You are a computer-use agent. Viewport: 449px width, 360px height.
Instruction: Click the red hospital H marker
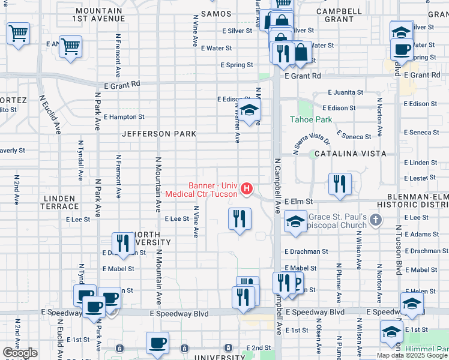[246, 190]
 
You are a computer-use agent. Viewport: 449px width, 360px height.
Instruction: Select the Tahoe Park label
[312, 119]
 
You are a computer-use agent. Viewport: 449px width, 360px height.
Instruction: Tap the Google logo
[20, 353]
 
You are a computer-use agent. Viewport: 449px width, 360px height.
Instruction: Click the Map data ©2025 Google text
[411, 355]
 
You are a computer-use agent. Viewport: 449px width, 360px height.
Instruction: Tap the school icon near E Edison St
[248, 109]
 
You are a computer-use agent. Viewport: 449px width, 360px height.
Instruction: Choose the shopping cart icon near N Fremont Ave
[71, 46]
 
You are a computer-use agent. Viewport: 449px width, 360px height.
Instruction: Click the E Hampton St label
[124, 117]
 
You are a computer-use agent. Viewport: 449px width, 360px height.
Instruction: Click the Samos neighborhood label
[217, 13]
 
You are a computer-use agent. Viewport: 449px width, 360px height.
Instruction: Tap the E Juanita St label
[346, 93]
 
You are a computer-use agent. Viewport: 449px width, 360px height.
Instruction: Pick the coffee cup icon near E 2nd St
[157, 343]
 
